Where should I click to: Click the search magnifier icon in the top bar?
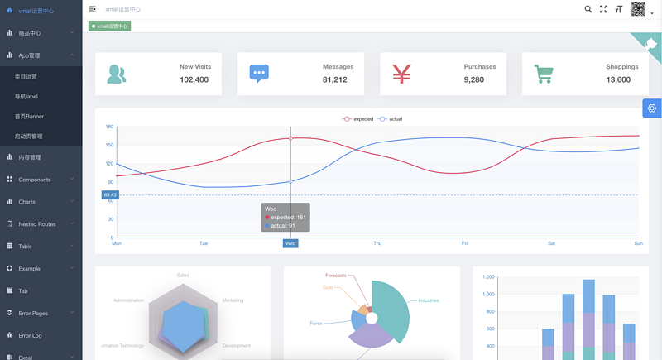[588, 9]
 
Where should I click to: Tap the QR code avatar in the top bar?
[638, 9]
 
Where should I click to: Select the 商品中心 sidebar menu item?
[30, 33]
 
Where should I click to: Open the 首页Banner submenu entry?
[30, 117]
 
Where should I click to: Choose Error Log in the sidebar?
[30, 335]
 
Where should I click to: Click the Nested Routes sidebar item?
[37, 224]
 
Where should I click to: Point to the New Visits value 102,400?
[194, 80]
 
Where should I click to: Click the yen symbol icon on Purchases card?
[401, 74]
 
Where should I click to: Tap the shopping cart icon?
[544, 74]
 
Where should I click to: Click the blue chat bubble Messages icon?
[259, 74]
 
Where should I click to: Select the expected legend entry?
[358, 119]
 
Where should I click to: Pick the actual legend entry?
[391, 119]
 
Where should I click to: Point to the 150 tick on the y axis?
[109, 145]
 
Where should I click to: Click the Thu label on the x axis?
[377, 243]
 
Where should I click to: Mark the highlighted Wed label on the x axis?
[290, 243]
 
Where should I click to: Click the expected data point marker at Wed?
[290, 138]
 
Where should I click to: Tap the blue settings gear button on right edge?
[652, 108]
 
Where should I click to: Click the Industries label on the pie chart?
[429, 300]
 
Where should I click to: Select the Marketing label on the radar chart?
[233, 300]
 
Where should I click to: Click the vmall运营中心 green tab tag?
[109, 26]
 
